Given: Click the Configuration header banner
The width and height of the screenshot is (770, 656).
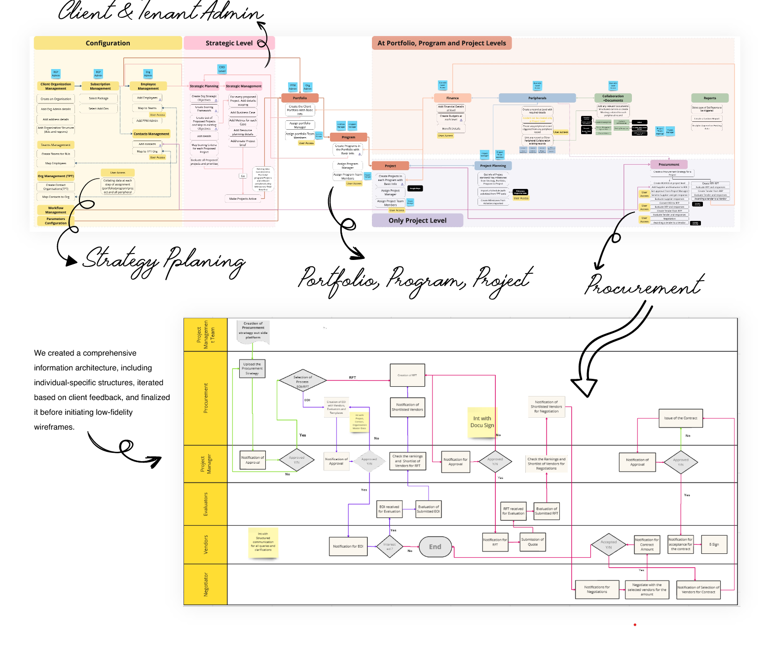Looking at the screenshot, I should tap(108, 43).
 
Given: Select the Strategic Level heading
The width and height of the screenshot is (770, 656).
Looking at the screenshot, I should tap(229, 43).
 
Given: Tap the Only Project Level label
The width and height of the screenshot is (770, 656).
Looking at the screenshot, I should tap(417, 220).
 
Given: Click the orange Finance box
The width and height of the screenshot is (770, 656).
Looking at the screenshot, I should tap(452, 98).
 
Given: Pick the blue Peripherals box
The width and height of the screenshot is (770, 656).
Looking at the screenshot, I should tap(537, 98).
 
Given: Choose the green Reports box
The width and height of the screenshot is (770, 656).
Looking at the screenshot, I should tap(709, 98).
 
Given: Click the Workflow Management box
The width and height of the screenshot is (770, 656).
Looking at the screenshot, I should tap(56, 210).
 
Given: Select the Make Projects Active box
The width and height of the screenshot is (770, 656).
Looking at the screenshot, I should tap(243, 199).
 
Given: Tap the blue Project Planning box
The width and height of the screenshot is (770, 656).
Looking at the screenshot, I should tap(493, 166).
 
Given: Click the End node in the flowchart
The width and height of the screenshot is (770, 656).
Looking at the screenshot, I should tap(435, 547).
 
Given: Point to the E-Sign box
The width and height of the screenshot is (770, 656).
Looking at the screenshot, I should tap(714, 545).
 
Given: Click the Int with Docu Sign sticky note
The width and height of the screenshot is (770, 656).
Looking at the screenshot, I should tap(481, 422).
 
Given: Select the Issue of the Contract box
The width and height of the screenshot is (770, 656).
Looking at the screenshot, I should tap(680, 418).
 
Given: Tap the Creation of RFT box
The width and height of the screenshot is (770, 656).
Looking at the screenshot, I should tap(407, 375).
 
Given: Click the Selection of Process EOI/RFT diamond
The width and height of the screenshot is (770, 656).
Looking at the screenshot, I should tap(302, 381).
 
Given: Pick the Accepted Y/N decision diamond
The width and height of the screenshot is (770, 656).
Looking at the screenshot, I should tap(609, 545).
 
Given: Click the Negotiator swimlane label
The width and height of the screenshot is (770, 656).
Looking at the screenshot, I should tap(205, 584).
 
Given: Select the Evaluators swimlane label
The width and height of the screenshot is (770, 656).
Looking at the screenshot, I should tap(205, 504).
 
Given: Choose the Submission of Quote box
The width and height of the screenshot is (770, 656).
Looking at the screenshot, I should tap(533, 542).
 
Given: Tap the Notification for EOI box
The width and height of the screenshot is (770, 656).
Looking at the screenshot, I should tap(348, 546).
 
